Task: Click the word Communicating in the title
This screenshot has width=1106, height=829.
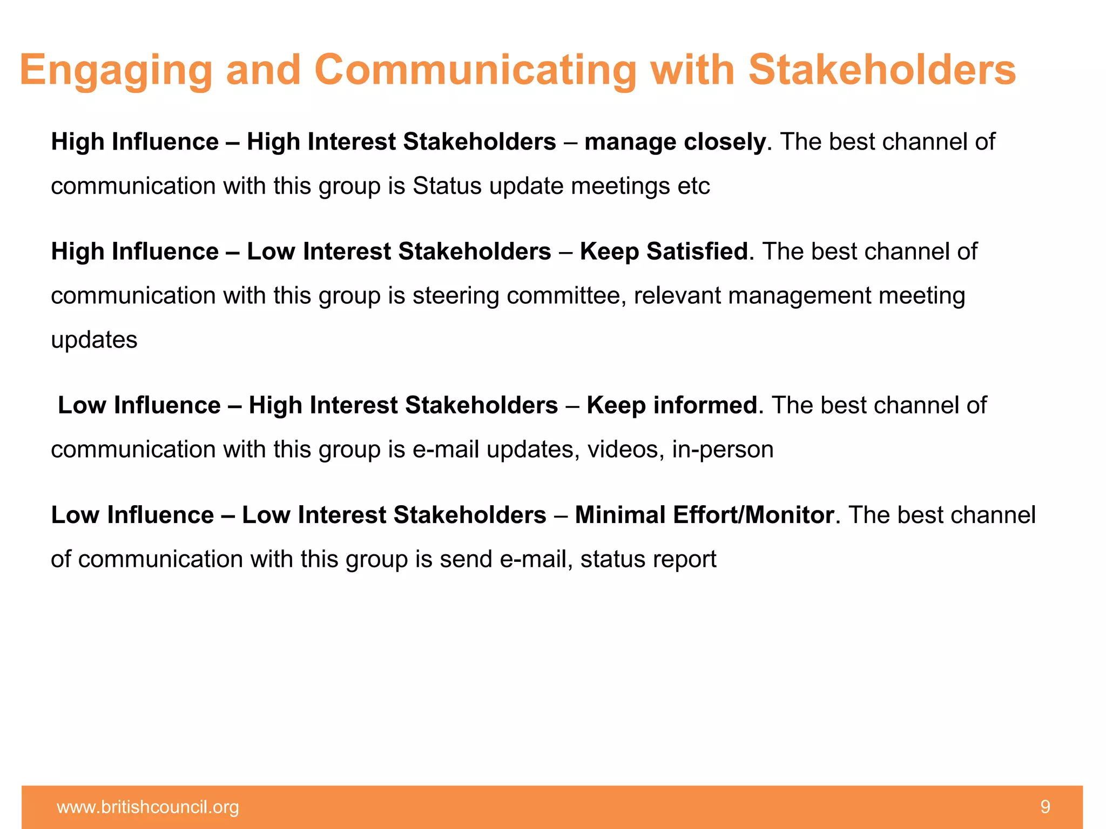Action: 475,70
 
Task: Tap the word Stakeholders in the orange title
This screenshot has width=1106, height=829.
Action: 882,70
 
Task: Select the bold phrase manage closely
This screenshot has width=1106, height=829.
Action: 675,142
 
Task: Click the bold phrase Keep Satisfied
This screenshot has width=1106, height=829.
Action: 664,252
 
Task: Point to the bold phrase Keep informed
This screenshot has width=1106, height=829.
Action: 672,405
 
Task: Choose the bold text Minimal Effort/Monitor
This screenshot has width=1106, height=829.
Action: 704,515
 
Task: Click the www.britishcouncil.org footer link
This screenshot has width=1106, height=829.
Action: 148,807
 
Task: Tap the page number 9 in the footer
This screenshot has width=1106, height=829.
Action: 1045,807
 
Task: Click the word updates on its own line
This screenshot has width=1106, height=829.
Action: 94,340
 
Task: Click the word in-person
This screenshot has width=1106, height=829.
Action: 723,450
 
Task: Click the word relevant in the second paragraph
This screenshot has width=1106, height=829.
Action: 677,296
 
